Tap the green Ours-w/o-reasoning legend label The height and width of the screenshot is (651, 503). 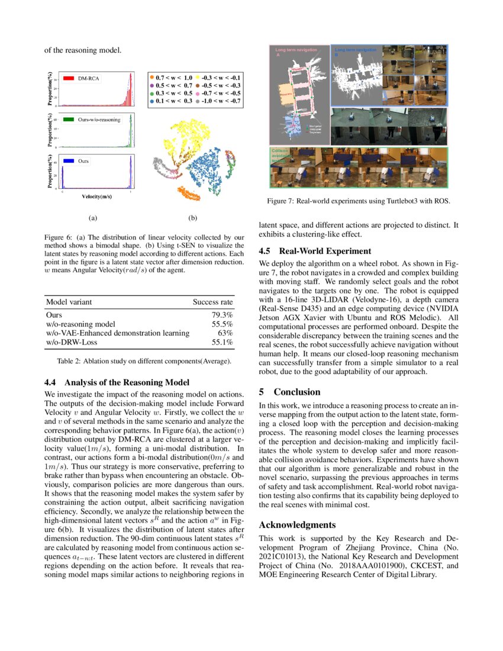point(98,120)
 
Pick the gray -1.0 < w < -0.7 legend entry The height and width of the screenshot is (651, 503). point(219,101)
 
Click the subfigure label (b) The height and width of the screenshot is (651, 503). point(192,218)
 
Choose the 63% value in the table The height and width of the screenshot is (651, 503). point(225,333)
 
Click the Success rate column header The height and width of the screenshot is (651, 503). point(212,302)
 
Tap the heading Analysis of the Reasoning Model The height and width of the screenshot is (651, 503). point(117,382)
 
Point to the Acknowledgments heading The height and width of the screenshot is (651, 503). point(297,524)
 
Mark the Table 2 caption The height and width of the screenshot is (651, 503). point(139,360)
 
